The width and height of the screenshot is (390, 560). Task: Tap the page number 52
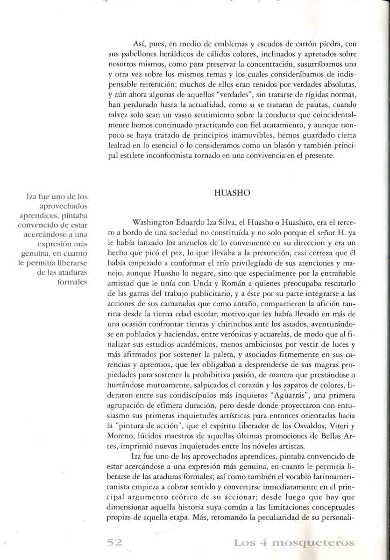(x=114, y=542)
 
